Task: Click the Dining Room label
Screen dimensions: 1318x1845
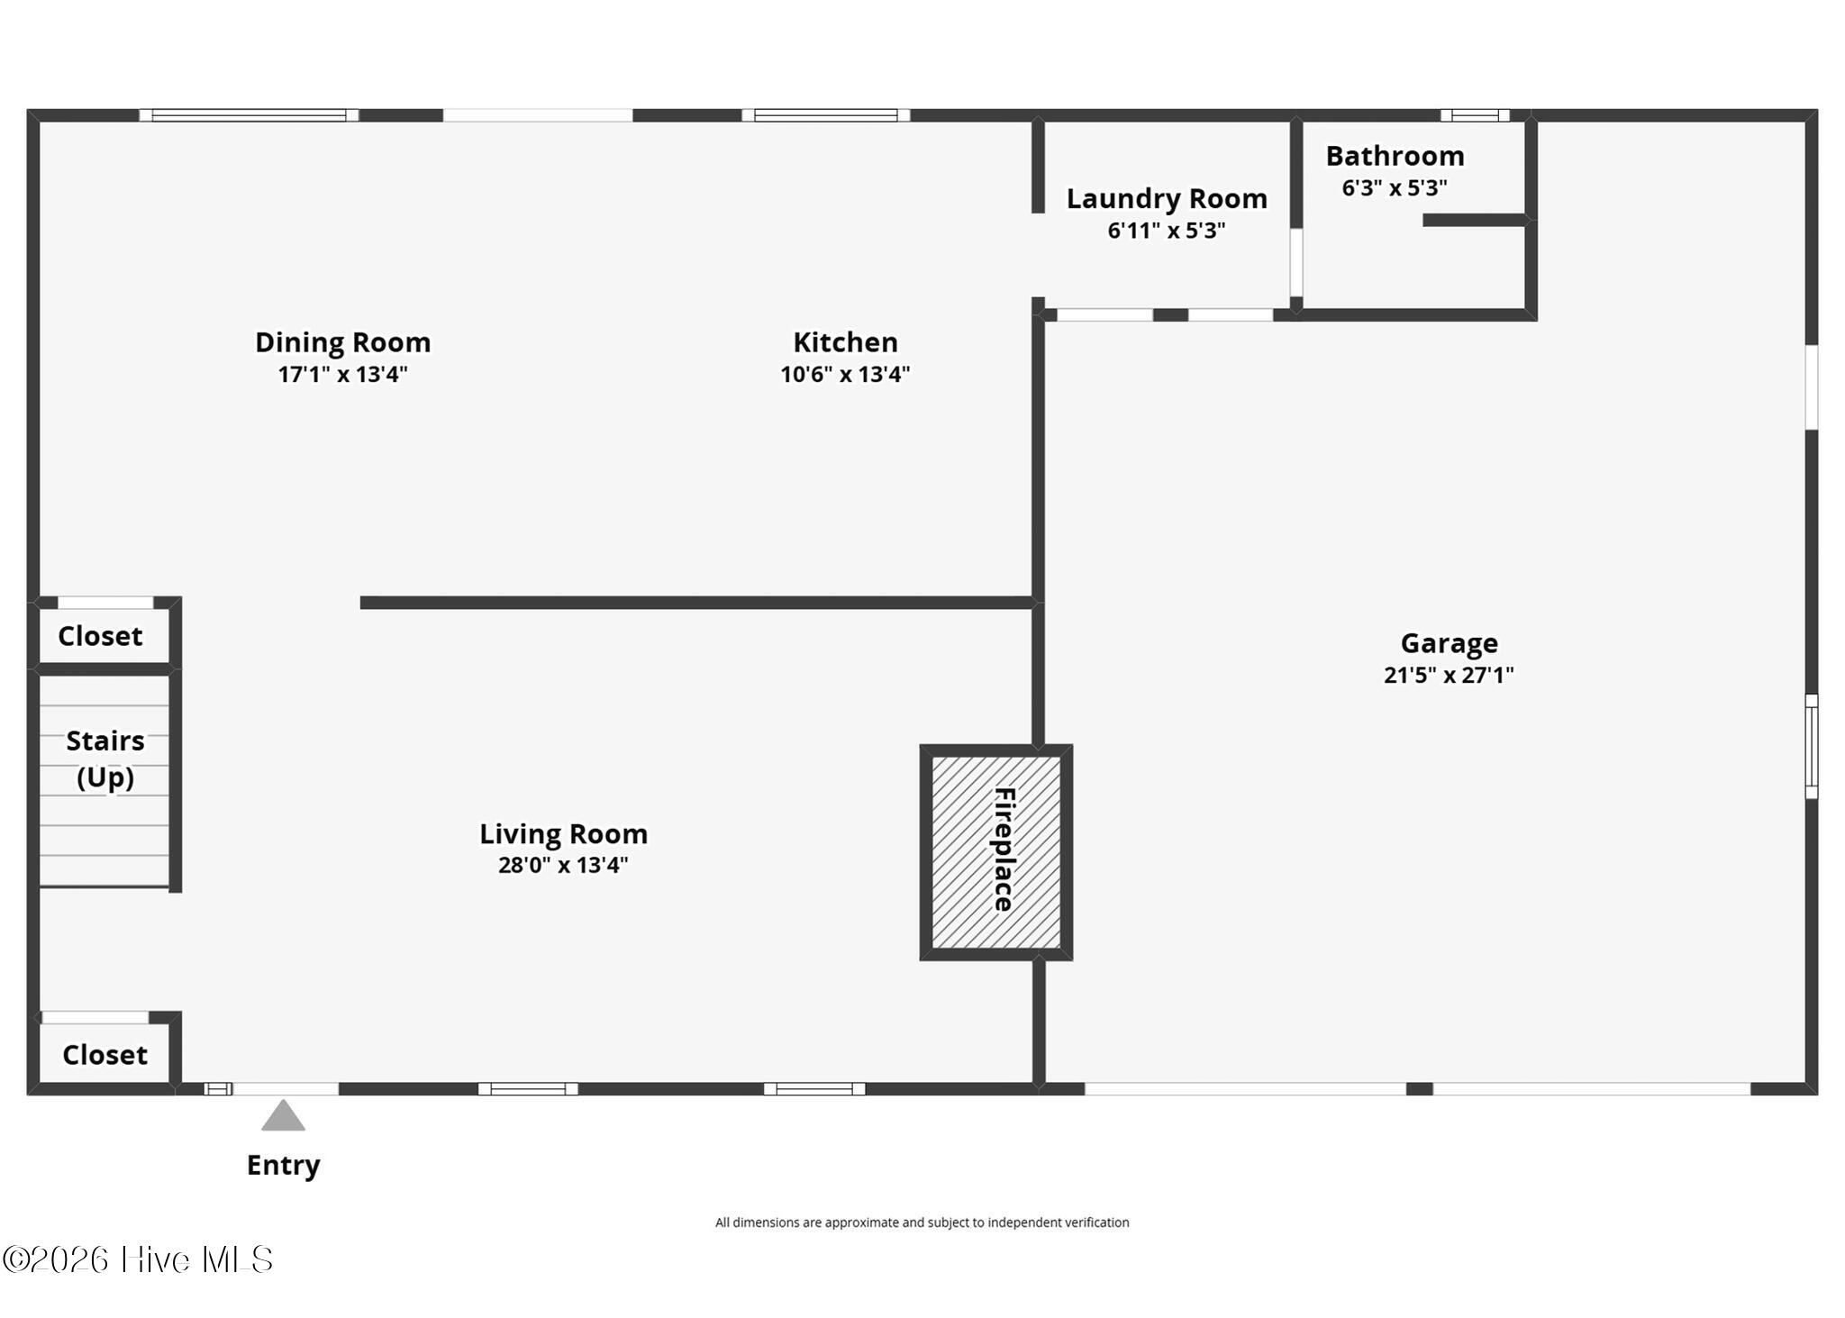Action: pos(342,342)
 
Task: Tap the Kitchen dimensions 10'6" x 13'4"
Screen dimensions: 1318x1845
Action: pos(845,374)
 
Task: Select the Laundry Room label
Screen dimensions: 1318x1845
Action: pos(1167,198)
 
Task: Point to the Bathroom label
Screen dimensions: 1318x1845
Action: pos(1395,156)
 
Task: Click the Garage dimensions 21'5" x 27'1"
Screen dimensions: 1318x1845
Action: pos(1449,675)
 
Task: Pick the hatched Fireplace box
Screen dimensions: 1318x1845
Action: pos(995,851)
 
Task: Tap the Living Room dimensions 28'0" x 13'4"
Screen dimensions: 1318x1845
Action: pos(563,865)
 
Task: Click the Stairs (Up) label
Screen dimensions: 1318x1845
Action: pos(105,759)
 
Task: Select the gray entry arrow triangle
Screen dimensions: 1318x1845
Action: pos(283,1116)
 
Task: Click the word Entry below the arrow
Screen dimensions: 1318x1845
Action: pos(283,1165)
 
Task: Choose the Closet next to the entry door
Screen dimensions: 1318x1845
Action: pos(105,1055)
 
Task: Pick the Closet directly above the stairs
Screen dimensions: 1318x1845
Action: pos(100,636)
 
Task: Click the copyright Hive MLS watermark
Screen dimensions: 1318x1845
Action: pos(138,1259)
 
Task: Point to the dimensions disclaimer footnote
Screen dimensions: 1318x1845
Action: pos(922,1223)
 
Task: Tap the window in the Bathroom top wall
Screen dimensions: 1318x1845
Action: pos(1475,115)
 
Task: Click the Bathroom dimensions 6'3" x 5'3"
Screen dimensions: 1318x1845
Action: pos(1395,187)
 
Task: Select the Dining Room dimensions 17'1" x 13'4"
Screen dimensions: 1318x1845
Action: pos(342,374)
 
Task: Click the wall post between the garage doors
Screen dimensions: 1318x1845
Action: pos(1419,1089)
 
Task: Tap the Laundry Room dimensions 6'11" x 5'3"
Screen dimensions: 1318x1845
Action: pos(1167,231)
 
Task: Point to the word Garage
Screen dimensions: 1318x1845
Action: pos(1449,643)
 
